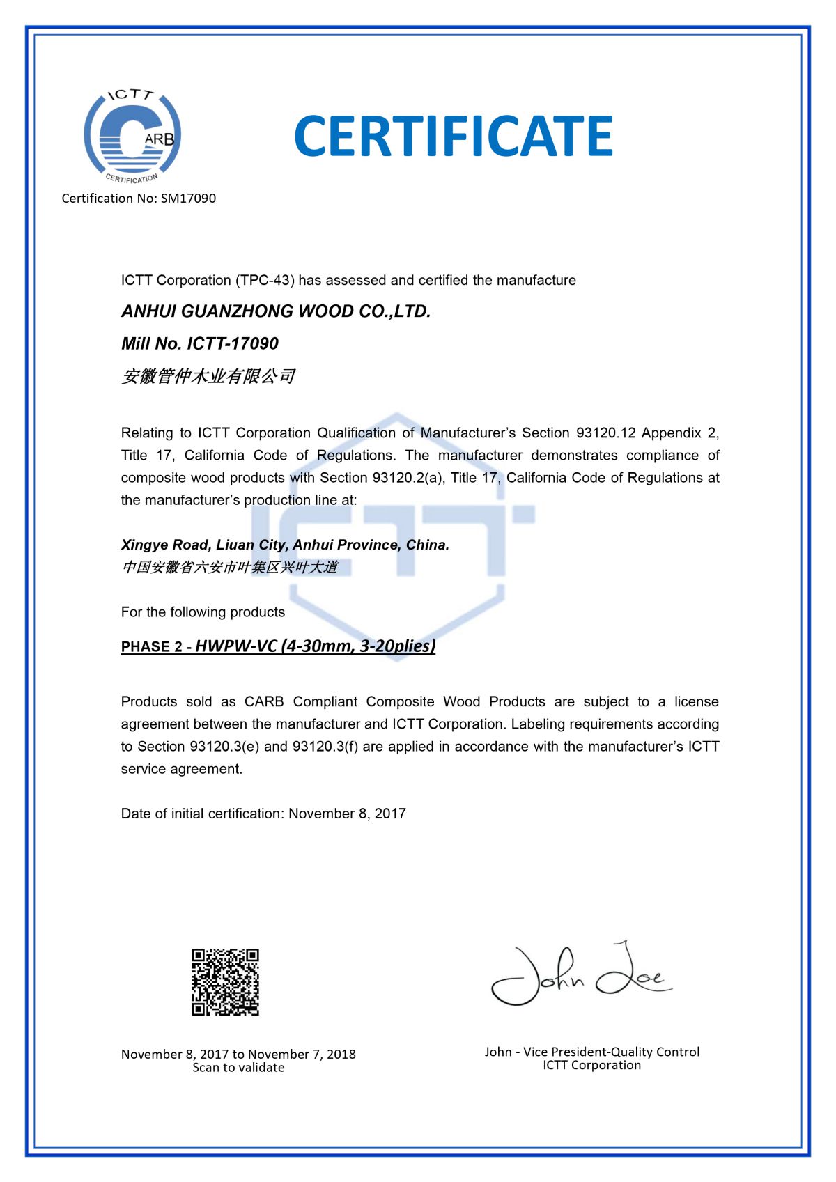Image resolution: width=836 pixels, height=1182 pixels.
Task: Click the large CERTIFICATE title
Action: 453,136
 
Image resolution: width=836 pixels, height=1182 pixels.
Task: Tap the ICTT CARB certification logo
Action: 132,136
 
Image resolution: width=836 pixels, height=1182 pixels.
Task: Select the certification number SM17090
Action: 188,199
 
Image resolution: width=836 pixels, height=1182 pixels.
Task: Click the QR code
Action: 225,981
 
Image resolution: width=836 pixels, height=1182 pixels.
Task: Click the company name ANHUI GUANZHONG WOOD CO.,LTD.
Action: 276,311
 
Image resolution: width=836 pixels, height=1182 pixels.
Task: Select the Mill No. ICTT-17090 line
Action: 199,343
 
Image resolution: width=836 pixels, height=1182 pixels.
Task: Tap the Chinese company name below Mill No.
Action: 208,377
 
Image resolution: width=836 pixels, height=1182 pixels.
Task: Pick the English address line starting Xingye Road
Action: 285,545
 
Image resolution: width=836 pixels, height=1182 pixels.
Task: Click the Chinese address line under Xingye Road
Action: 229,567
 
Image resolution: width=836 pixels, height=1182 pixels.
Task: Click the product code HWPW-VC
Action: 236,646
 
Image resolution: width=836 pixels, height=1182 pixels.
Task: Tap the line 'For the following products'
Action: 203,612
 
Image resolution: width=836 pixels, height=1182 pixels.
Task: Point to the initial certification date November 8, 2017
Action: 347,814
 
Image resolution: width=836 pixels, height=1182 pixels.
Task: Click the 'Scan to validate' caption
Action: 238,1068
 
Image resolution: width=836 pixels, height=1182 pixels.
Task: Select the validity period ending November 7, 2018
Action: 238,1054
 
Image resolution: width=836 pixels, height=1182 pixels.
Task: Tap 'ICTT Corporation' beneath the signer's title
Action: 591,1065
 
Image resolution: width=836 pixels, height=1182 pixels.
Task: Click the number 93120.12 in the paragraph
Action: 605,433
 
